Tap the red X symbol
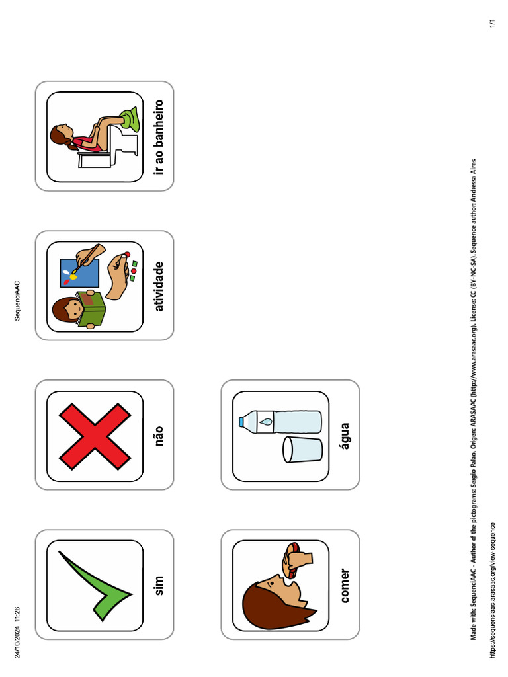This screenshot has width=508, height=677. [x=95, y=436]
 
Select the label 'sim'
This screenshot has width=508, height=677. [x=159, y=586]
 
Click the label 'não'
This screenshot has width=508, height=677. [x=159, y=436]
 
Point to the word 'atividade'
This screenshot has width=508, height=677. [x=159, y=286]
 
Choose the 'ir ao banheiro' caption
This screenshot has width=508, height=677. [x=159, y=137]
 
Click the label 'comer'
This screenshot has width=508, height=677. [x=345, y=586]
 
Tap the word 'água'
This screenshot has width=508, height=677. [x=345, y=436]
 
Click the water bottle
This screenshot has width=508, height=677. [x=280, y=422]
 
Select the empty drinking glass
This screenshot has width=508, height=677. [x=302, y=450]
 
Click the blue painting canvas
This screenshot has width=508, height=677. [x=79, y=273]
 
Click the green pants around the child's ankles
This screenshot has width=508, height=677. [x=131, y=119]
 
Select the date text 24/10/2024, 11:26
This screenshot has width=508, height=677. [x=17, y=633]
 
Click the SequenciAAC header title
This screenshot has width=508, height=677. [x=17, y=301]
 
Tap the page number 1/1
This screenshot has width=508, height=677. [x=492, y=24]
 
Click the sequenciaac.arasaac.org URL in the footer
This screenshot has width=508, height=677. [x=492, y=590]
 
